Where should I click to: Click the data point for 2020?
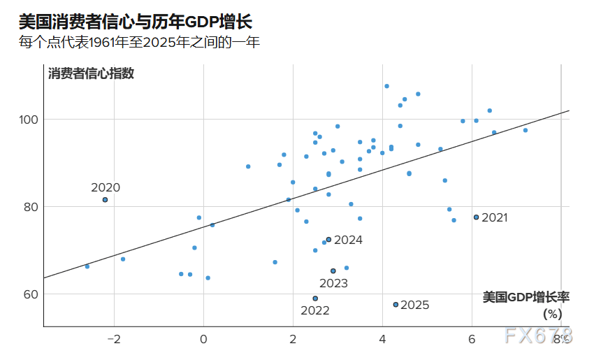click(x=105, y=200)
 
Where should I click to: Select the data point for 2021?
click(x=476, y=217)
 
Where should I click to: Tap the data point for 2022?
click(x=315, y=298)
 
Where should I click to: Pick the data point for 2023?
click(x=333, y=271)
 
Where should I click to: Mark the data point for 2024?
click(x=328, y=240)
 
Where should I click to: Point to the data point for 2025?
click(x=396, y=305)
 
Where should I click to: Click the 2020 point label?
click(x=106, y=187)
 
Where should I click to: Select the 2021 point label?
click(x=494, y=217)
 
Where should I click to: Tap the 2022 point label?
click(x=314, y=311)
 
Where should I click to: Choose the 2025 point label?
click(x=414, y=305)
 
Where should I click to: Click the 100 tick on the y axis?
click(x=27, y=120)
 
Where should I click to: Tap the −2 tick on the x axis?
click(x=113, y=340)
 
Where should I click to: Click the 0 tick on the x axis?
click(x=204, y=340)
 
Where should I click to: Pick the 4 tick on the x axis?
click(x=382, y=340)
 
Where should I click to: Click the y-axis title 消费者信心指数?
click(x=91, y=73)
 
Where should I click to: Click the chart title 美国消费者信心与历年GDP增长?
click(x=136, y=22)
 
